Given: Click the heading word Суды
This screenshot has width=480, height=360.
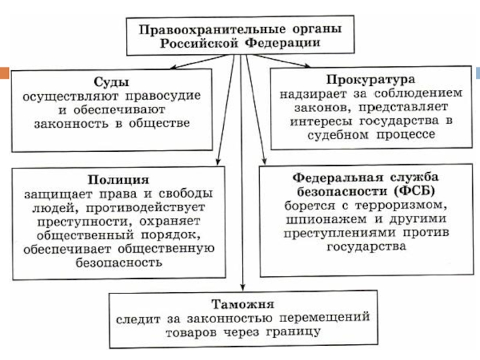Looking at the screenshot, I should pyautogui.click(x=112, y=82).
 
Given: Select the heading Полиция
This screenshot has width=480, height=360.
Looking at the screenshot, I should pyautogui.click(x=118, y=180).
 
